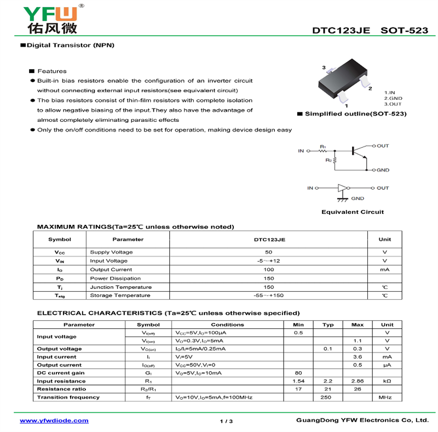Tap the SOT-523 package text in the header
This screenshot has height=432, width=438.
(404, 31)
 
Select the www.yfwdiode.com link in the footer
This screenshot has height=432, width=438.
(54, 420)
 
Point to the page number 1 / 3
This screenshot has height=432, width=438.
(226, 421)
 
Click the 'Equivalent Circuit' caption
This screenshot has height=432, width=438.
(352, 212)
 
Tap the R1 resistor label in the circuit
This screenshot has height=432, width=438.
(323, 147)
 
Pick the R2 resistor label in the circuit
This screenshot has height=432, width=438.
(328, 160)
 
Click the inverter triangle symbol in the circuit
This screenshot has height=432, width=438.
(343, 188)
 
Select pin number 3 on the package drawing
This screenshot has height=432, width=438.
(324, 68)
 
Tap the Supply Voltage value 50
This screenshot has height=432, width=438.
(268, 252)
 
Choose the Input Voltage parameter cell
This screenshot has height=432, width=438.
(108, 261)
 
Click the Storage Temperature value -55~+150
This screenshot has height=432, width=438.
(268, 295)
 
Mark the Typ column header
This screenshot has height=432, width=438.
(328, 325)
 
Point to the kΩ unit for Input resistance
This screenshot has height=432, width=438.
(387, 381)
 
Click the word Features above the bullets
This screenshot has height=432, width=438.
(52, 71)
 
